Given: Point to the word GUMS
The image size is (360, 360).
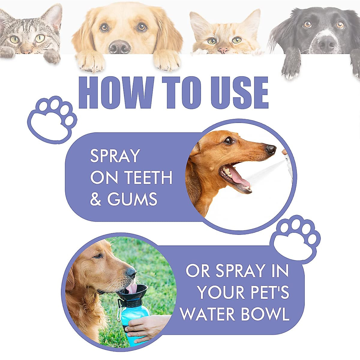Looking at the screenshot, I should pyautogui.click(x=132, y=199).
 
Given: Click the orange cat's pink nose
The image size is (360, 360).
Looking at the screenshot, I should pyautogui.click(x=223, y=50).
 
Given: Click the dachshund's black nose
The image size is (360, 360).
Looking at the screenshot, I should pyautogui.click(x=271, y=149).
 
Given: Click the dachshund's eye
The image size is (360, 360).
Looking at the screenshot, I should pyautogui.click(x=229, y=140).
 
